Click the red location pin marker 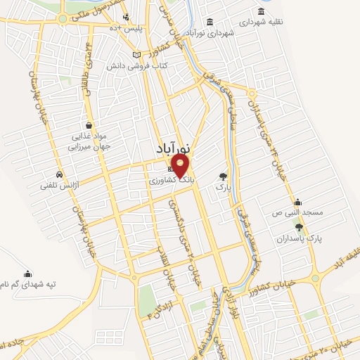(x=181, y=167)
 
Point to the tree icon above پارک (x=224, y=176)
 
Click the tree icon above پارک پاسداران (x=300, y=226)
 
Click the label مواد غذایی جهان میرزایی (x=88, y=143)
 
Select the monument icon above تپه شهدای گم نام (x=27, y=274)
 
